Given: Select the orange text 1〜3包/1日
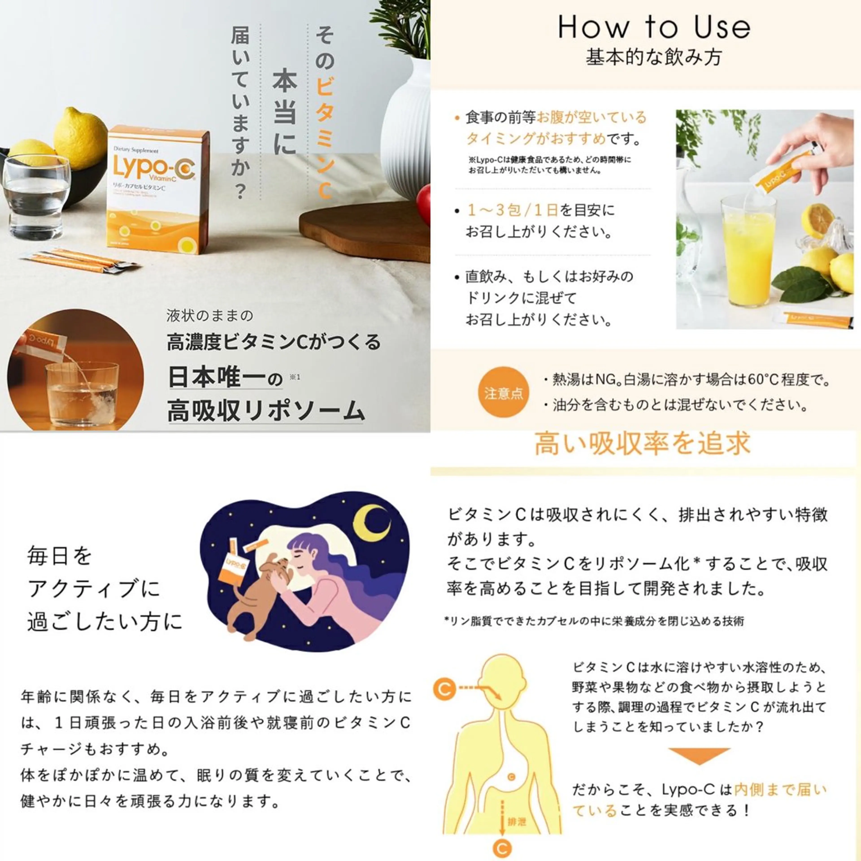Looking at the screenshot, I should tap(513, 210).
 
